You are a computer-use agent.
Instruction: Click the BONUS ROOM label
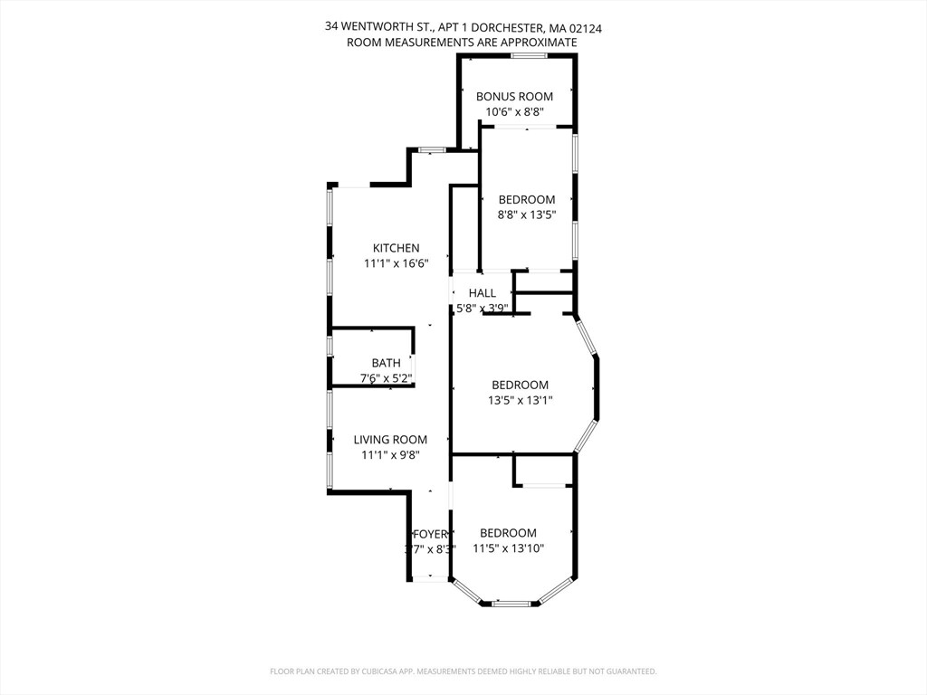click(514, 96)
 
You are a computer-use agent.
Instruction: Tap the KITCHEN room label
click(397, 248)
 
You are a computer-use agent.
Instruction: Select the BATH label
click(386, 363)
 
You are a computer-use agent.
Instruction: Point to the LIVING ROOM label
click(390, 440)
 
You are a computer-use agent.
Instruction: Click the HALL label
click(483, 293)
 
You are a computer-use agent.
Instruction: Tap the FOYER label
click(430, 534)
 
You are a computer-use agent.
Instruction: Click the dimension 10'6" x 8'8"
click(514, 112)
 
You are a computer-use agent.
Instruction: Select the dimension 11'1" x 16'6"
click(396, 263)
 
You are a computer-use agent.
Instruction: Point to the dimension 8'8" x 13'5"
click(526, 215)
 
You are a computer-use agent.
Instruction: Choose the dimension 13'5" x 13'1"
click(520, 400)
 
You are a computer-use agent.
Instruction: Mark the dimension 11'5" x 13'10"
click(508, 548)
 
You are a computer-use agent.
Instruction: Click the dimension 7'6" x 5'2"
click(387, 378)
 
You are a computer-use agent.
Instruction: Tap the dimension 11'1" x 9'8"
click(390, 455)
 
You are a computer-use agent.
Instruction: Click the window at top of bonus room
click(528, 56)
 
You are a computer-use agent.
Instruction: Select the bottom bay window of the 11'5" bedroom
click(512, 602)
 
